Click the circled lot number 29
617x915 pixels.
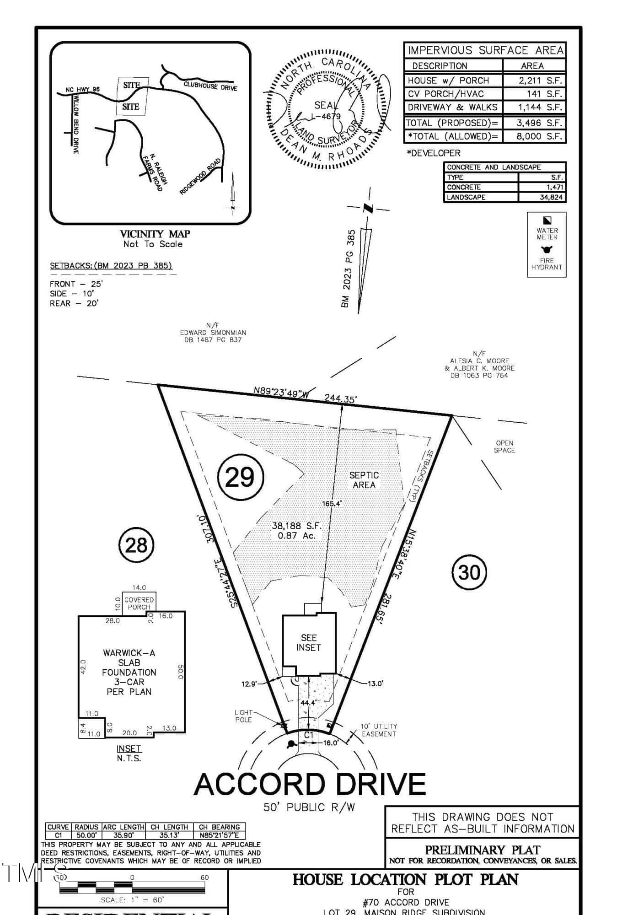click(241, 477)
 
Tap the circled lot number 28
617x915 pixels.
click(136, 545)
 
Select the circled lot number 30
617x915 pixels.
click(469, 572)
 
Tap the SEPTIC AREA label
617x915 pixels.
click(364, 480)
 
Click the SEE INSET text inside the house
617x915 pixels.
click(309, 642)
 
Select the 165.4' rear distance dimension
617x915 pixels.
click(332, 504)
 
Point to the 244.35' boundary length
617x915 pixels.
click(340, 398)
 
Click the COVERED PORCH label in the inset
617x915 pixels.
click(139, 603)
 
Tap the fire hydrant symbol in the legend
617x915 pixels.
click(547, 249)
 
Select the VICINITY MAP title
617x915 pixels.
click(155, 234)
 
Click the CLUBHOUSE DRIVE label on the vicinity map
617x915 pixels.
click(211, 86)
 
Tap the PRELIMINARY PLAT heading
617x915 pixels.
click(483, 850)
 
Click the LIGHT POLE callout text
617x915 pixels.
click(243, 716)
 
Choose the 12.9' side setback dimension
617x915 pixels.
click(249, 684)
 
